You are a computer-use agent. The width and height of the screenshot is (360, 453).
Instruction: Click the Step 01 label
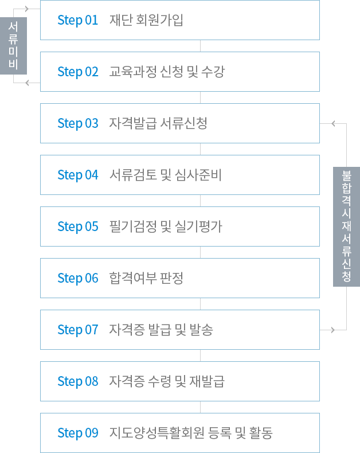coord(78,20)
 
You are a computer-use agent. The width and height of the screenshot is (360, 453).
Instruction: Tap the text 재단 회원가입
coord(147,20)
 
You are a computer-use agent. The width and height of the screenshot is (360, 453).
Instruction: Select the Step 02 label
coord(78,72)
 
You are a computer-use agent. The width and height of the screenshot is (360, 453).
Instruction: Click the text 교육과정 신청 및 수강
coord(167,72)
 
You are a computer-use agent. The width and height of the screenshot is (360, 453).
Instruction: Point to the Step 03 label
coord(78,123)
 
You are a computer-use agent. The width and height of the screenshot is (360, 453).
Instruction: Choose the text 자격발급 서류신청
coord(158,123)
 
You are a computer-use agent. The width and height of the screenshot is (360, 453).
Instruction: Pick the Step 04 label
coord(78,175)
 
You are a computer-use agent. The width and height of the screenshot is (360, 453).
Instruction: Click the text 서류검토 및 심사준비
coord(165,175)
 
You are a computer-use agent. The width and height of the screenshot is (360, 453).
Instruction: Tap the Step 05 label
coord(78,226)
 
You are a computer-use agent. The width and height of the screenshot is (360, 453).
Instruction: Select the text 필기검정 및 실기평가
coord(165,226)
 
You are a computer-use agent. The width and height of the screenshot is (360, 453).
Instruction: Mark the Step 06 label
coord(78,278)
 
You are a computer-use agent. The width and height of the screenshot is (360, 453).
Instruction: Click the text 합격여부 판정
coord(146,278)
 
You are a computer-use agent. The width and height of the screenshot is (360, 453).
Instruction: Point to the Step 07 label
coord(78,330)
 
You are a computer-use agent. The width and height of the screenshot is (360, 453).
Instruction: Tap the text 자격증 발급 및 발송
coord(161,330)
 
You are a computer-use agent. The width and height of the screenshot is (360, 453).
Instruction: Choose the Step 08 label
coord(78,381)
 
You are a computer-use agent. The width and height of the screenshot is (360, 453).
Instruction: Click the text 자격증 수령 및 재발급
coord(167,381)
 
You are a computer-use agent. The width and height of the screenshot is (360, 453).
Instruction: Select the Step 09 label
coord(78,433)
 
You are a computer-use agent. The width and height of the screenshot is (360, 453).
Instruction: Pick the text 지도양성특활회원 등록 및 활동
coord(191,433)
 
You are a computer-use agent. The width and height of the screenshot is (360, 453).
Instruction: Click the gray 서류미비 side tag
coord(14,46)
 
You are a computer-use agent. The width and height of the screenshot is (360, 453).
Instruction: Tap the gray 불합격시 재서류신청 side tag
coord(346,226)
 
